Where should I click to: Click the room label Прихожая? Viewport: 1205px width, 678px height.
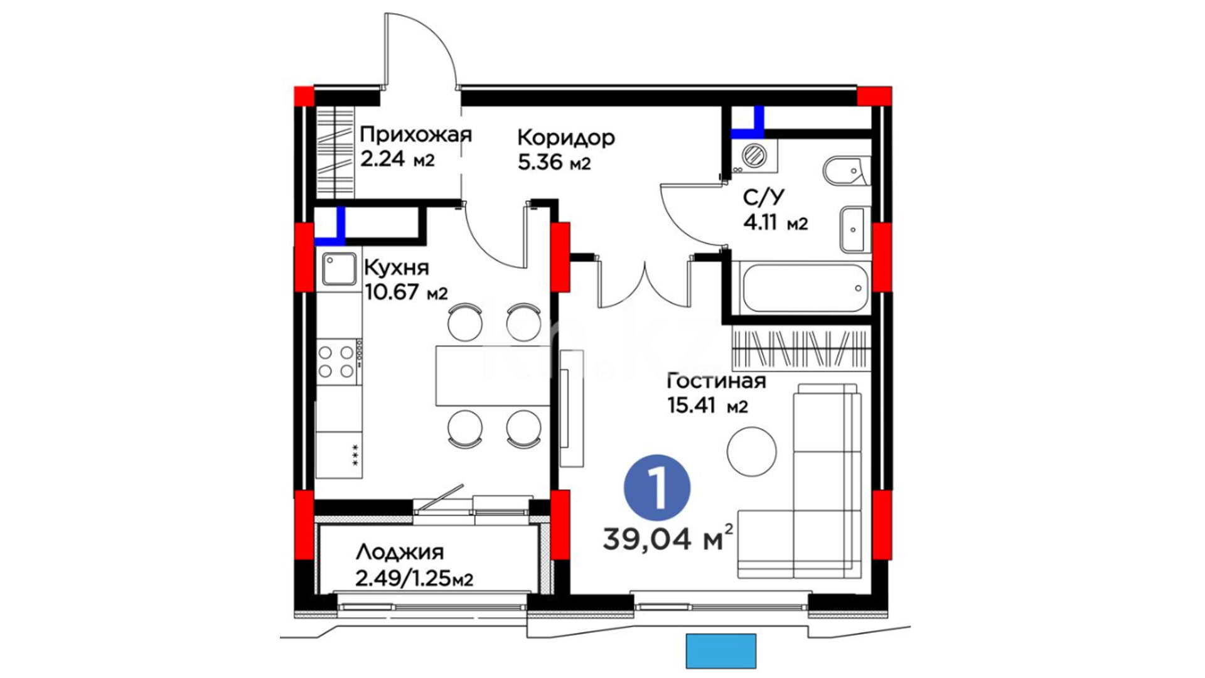tap(415, 136)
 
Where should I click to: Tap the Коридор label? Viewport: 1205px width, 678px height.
tap(566, 137)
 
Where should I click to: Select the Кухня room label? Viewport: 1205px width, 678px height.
tap(397, 268)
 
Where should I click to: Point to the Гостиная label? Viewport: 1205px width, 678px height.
tap(716, 381)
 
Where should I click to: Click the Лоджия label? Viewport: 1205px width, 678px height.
tap(400, 552)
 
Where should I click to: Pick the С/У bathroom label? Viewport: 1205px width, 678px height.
tap(764, 198)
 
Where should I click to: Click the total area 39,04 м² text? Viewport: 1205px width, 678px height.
tap(668, 538)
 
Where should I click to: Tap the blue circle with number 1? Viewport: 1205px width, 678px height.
tap(657, 488)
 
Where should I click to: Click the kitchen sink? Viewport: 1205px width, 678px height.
tap(339, 269)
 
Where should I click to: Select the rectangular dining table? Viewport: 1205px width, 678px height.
tap(493, 375)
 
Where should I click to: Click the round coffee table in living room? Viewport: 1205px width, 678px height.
tap(752, 452)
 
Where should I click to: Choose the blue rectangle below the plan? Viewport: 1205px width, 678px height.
tap(721, 651)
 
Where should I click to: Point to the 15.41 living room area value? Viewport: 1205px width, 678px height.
tap(692, 406)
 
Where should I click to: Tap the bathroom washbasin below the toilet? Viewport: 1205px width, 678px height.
tap(854, 229)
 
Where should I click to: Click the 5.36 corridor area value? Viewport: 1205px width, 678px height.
tap(540, 163)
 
